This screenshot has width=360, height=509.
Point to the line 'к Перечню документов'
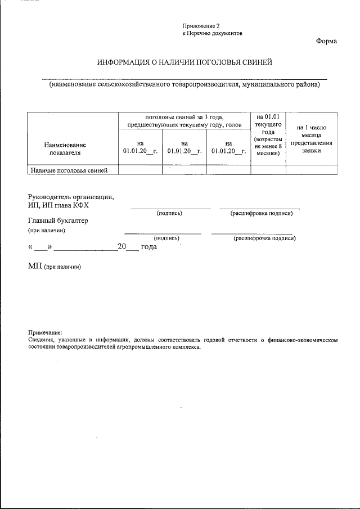[x=212, y=33]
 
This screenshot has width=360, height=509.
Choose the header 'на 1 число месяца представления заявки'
[x=311, y=139]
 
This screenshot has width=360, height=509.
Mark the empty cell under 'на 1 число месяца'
[x=311, y=170]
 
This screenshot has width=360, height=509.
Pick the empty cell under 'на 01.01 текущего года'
[x=268, y=170]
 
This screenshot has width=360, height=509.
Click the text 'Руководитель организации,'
[x=70, y=197]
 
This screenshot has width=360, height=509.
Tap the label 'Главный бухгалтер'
[x=58, y=220]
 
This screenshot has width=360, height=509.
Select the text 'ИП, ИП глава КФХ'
[x=58, y=205]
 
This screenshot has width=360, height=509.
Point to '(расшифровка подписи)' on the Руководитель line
[x=262, y=214]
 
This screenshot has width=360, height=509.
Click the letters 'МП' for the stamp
[x=35, y=265]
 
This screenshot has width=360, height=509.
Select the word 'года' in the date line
[x=148, y=247]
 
